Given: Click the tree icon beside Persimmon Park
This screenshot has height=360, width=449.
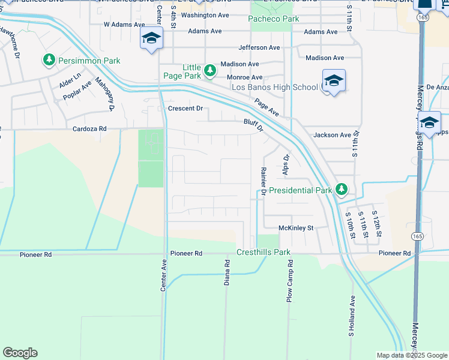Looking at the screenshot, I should click(49, 61).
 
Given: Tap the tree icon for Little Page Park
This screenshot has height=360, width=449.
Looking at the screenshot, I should click(209, 71).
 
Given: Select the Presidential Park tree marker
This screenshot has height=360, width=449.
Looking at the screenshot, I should click(342, 190).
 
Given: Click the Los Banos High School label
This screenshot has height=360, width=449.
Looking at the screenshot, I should click(275, 88).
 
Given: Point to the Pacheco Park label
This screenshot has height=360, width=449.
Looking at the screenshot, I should click(273, 19).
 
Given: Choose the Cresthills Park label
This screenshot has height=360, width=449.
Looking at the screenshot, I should click(264, 253).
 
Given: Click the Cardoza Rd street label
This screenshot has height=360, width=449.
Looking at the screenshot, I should click(89, 128).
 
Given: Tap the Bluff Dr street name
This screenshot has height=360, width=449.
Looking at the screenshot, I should click(253, 124).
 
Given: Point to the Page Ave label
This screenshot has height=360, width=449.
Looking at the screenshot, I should click(266, 107).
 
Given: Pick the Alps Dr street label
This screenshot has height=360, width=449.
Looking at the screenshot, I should click(286, 166).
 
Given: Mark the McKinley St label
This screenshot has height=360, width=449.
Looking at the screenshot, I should click(296, 228).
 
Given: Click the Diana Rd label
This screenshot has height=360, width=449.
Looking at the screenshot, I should click(228, 272).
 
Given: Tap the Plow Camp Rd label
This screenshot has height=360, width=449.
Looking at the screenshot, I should click(290, 280).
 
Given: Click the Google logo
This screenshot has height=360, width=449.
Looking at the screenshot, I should click(20, 353).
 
